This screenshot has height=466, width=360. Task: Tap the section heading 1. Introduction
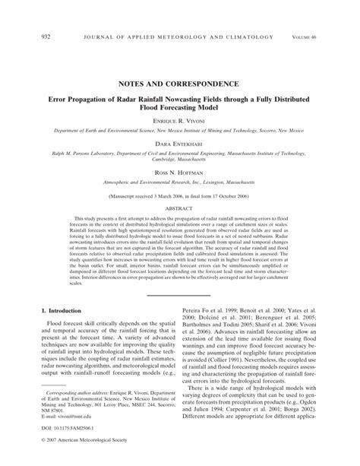pos(62,310)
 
